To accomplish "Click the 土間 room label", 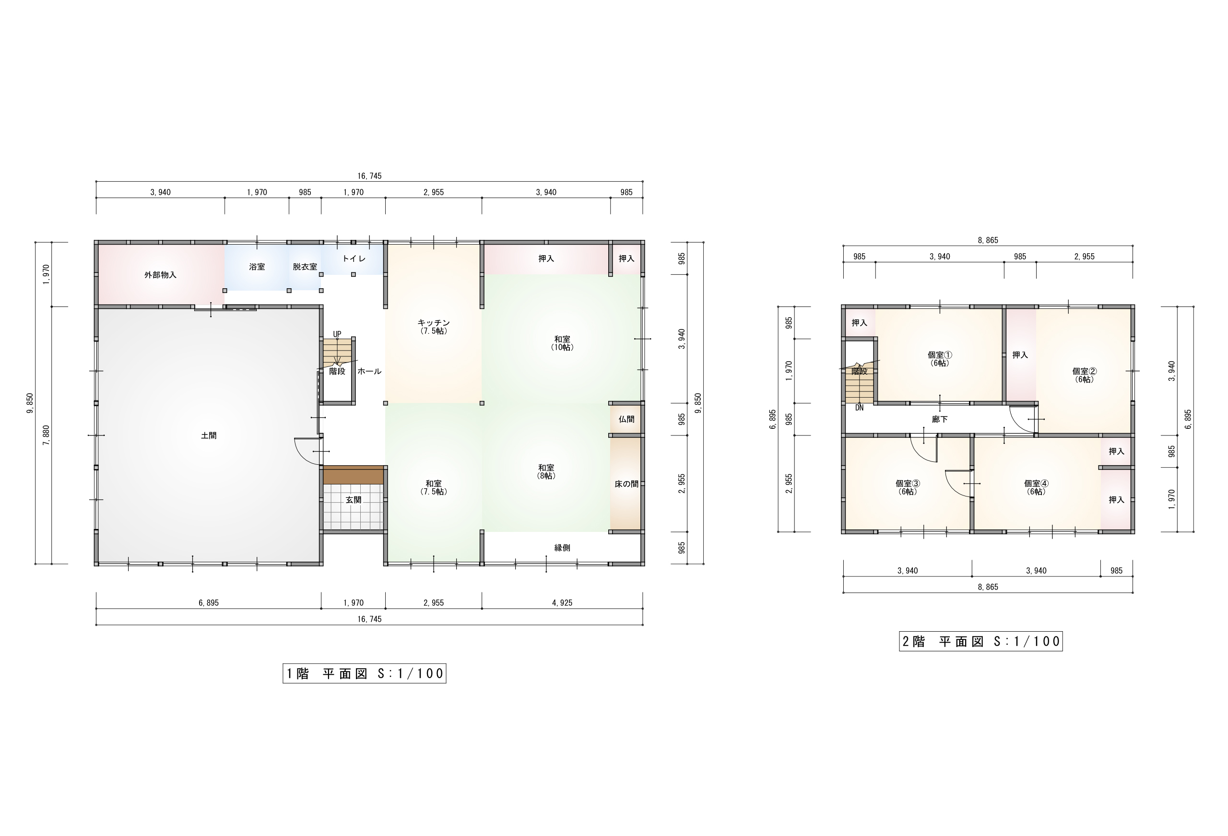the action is (x=209, y=436).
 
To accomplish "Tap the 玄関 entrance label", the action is (x=354, y=500).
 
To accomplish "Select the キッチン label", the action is (x=433, y=323).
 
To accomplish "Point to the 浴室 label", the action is (x=257, y=267).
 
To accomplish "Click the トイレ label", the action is (x=354, y=259).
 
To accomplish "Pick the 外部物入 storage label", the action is (x=160, y=275).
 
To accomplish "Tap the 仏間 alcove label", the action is (x=626, y=419).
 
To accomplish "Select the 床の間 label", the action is (x=626, y=484).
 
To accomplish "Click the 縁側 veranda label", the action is (x=562, y=548).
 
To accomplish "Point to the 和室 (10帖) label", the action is (x=562, y=343).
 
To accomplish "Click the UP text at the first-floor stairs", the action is (x=337, y=334).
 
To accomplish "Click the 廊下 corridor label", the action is (x=940, y=420).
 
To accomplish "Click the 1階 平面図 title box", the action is (x=364, y=673).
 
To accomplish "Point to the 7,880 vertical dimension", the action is (x=47, y=435).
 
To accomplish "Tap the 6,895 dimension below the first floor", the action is (x=209, y=602).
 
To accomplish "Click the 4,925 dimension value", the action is (x=562, y=602).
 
